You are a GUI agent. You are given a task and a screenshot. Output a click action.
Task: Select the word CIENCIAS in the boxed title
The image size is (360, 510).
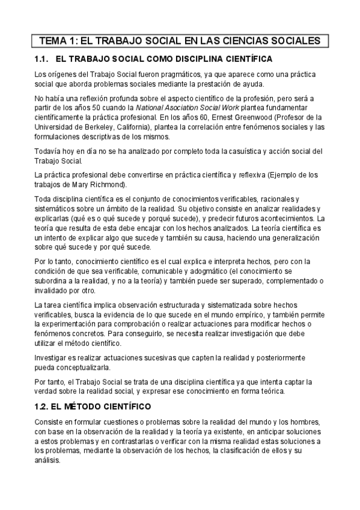click(250, 41)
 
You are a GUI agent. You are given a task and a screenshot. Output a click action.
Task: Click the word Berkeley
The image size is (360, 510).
click(102, 127)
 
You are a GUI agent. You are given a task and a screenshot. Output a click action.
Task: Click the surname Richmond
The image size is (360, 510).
click(108, 185)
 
